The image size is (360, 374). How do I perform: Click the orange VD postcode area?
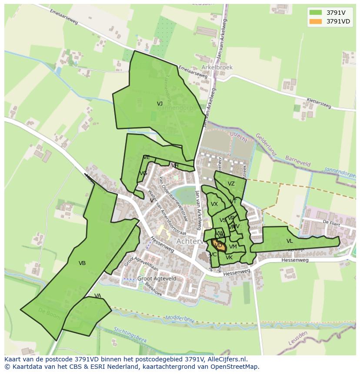(x=218, y=245)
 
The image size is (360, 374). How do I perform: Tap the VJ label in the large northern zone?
(x=160, y=104)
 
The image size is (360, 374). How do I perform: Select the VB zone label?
(x=82, y=263)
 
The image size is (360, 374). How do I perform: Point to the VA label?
(x=97, y=296)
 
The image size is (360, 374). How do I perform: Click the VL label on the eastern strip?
(x=290, y=241)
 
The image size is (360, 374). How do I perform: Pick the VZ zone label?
(x=231, y=184)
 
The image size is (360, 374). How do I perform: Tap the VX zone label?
(x=214, y=204)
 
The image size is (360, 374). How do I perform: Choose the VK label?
(x=229, y=258)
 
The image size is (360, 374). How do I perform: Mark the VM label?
(x=233, y=247)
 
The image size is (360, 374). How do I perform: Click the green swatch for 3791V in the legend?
(x=316, y=13)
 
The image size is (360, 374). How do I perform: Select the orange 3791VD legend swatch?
(x=316, y=21)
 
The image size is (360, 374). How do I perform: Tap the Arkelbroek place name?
(x=217, y=68)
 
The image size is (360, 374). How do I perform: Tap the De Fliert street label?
(x=331, y=222)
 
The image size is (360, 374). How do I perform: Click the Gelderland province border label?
(x=266, y=144)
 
